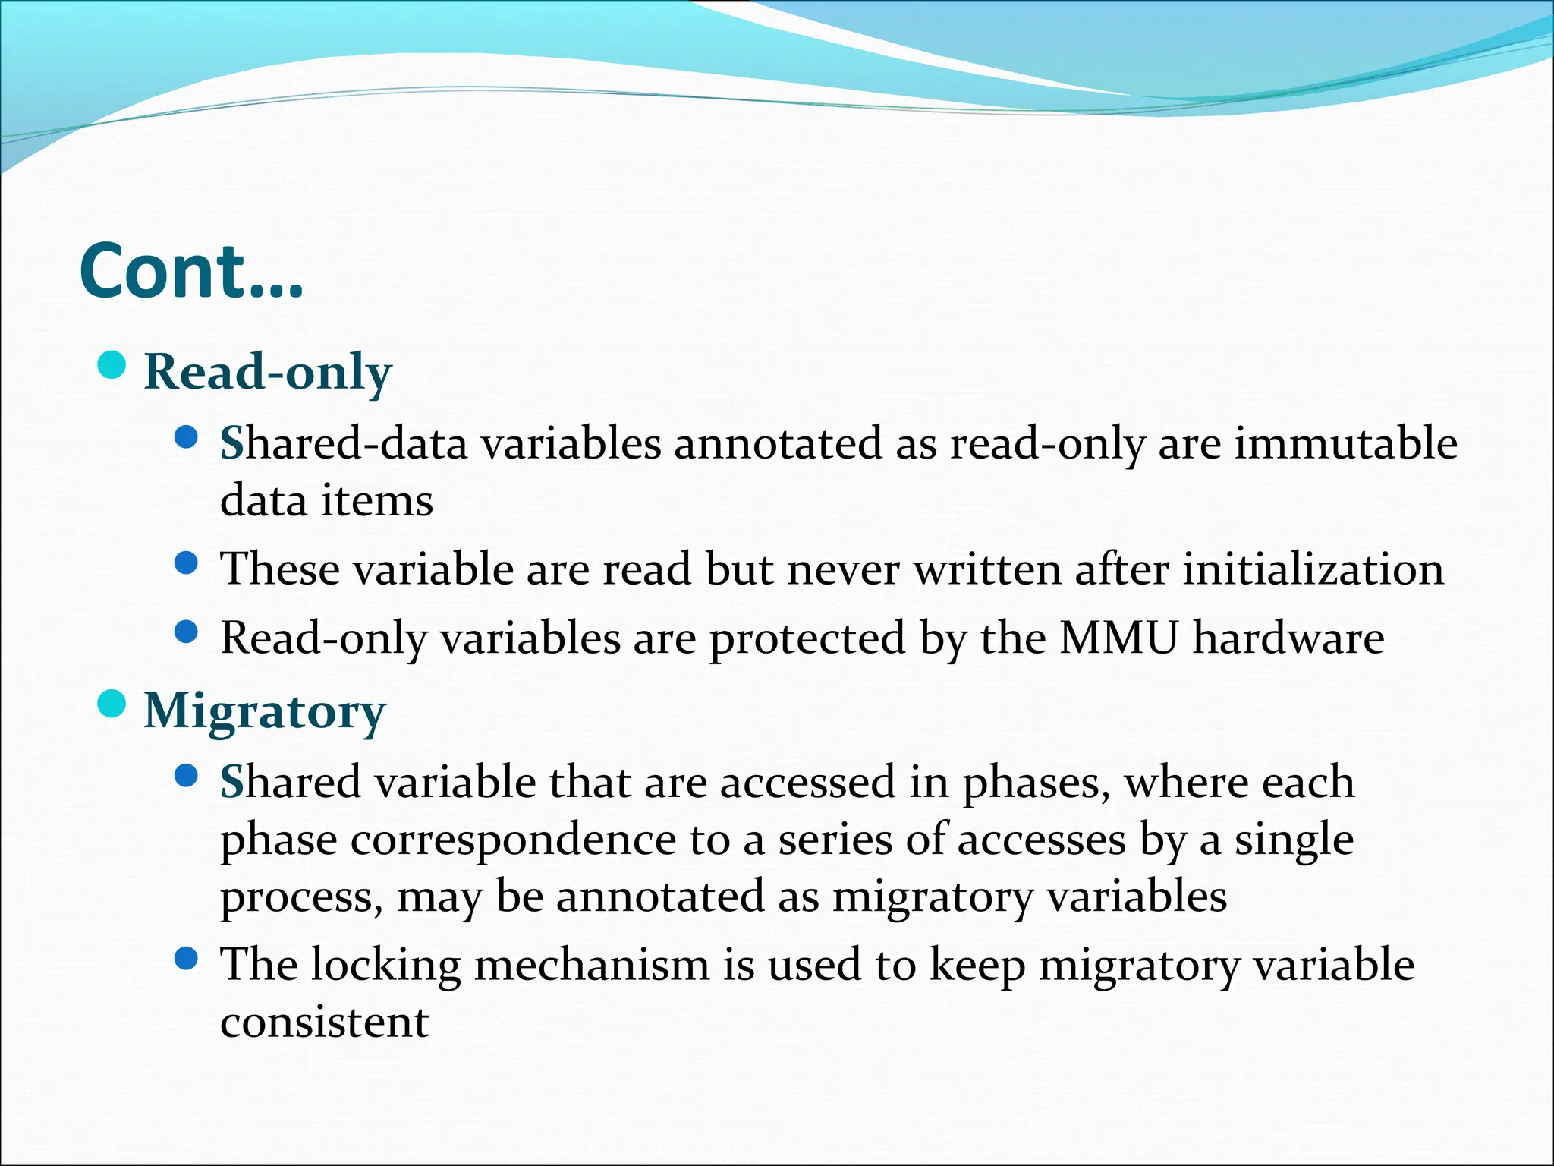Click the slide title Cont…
click(x=191, y=271)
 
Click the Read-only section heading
click(x=268, y=372)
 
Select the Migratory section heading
click(x=265, y=711)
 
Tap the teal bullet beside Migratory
click(x=112, y=704)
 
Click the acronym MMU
click(x=1118, y=637)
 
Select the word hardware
click(x=1288, y=637)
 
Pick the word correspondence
click(x=506, y=840)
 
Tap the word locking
click(x=385, y=965)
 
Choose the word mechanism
click(x=592, y=965)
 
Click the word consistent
click(x=325, y=1022)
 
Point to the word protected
click(x=807, y=637)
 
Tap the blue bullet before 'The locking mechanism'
click(x=186, y=960)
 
